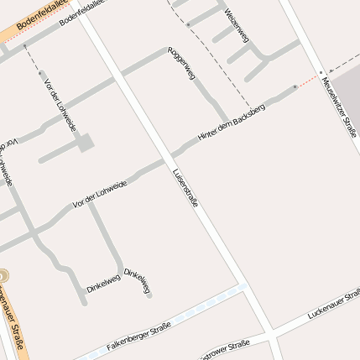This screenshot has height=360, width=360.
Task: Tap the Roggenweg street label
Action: coord(181,63)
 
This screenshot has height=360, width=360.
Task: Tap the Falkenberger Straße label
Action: coord(138,336)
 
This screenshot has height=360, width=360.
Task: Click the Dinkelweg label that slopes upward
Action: coord(103,284)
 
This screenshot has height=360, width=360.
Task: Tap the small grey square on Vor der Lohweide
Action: coord(86,143)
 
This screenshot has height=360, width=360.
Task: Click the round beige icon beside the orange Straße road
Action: coord(3,275)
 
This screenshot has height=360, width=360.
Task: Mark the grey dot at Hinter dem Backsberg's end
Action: coord(295,86)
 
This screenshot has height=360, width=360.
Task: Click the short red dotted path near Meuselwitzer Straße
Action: coord(308,81)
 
